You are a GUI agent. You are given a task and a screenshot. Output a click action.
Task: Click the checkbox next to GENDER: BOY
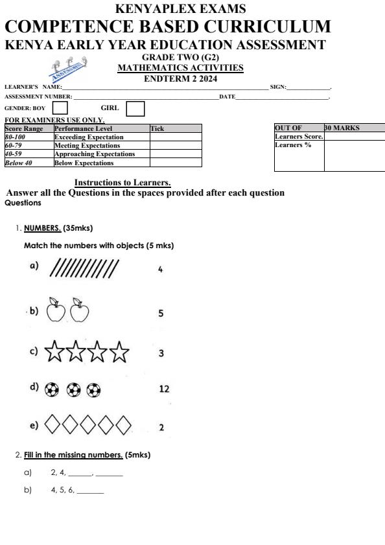(60, 108)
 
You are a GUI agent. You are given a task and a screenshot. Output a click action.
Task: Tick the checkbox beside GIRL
(135, 108)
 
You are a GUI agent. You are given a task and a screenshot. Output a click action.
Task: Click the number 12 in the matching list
(164, 389)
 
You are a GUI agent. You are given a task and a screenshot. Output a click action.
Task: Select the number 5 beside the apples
(161, 314)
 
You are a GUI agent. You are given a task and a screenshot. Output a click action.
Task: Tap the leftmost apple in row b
(56, 310)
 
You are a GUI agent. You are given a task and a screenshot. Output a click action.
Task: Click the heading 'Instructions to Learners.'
(122, 183)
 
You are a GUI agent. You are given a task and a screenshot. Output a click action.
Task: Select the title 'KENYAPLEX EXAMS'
(180, 8)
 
